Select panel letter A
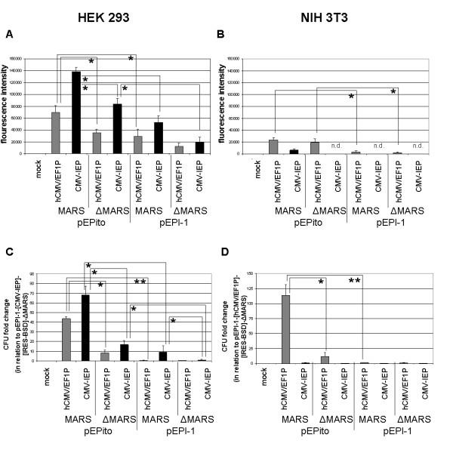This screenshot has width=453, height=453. point(9,34)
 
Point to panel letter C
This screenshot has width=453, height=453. point(8,243)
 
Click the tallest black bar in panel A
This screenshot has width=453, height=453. point(97,112)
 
